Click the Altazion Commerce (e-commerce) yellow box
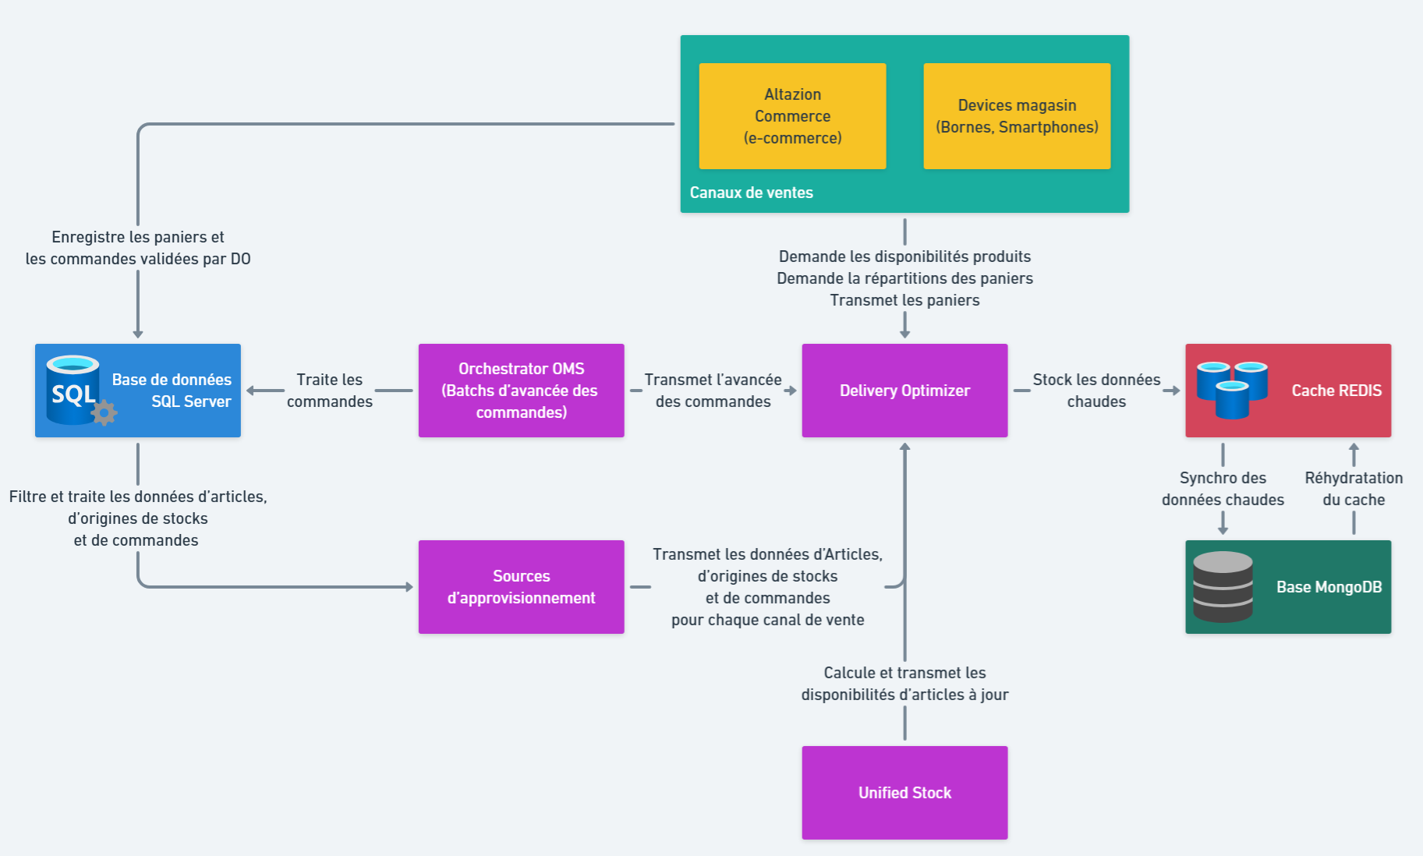(x=792, y=116)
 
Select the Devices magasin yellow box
(x=1017, y=116)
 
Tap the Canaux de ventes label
(x=751, y=193)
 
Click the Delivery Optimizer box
(x=904, y=391)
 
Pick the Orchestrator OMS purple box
(x=521, y=391)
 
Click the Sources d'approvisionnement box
(x=521, y=587)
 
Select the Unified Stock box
(x=904, y=793)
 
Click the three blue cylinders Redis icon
(x=1232, y=389)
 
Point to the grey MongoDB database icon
(x=1223, y=587)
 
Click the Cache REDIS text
(x=1336, y=391)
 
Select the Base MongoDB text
(x=1329, y=587)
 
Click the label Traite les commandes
(x=329, y=391)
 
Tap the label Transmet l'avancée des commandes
(x=713, y=391)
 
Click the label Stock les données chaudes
(x=1096, y=391)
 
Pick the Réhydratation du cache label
(x=1354, y=489)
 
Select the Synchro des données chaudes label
(x=1223, y=489)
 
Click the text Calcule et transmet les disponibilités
(x=904, y=684)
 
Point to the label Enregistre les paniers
(x=138, y=248)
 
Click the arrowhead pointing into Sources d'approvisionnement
(x=409, y=587)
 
